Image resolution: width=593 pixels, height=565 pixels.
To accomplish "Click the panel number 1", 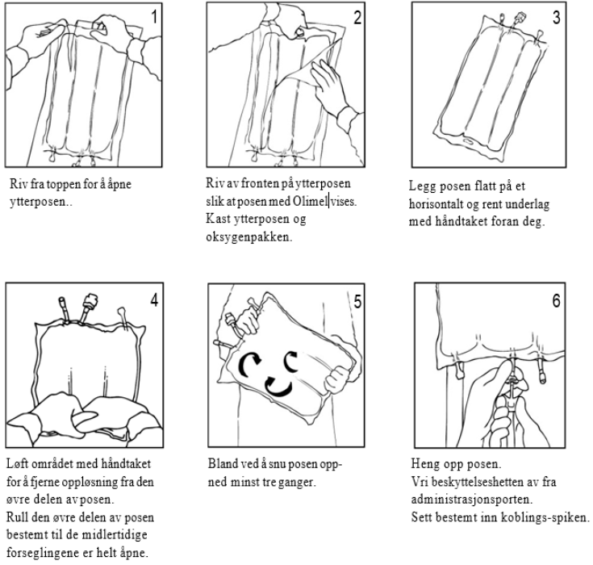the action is pos(154,17).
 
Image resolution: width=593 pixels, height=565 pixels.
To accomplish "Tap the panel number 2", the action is pos(357,18).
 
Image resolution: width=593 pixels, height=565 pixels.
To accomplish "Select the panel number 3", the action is pos(557,18).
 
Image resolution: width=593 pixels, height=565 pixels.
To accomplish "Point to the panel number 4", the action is pos(154,299).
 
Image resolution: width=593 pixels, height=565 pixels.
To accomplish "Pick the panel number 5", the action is pos(357,301).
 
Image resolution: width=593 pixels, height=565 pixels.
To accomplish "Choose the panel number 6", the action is pos(557,300).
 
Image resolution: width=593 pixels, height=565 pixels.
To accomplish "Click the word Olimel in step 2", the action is pos(310,201).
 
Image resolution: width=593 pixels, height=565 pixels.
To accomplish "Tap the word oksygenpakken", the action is pos(249,237).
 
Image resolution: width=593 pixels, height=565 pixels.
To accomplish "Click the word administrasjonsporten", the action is pos(472,500).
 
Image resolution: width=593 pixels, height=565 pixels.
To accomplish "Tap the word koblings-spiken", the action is pos(545,517).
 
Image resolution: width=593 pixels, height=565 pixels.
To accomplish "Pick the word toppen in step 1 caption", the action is pos(55,185).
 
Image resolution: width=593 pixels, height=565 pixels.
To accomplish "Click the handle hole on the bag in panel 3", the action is pos(470,143).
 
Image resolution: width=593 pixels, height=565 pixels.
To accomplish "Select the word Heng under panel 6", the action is pos(424,464).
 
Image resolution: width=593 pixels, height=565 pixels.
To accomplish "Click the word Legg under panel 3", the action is pos(423,187).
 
